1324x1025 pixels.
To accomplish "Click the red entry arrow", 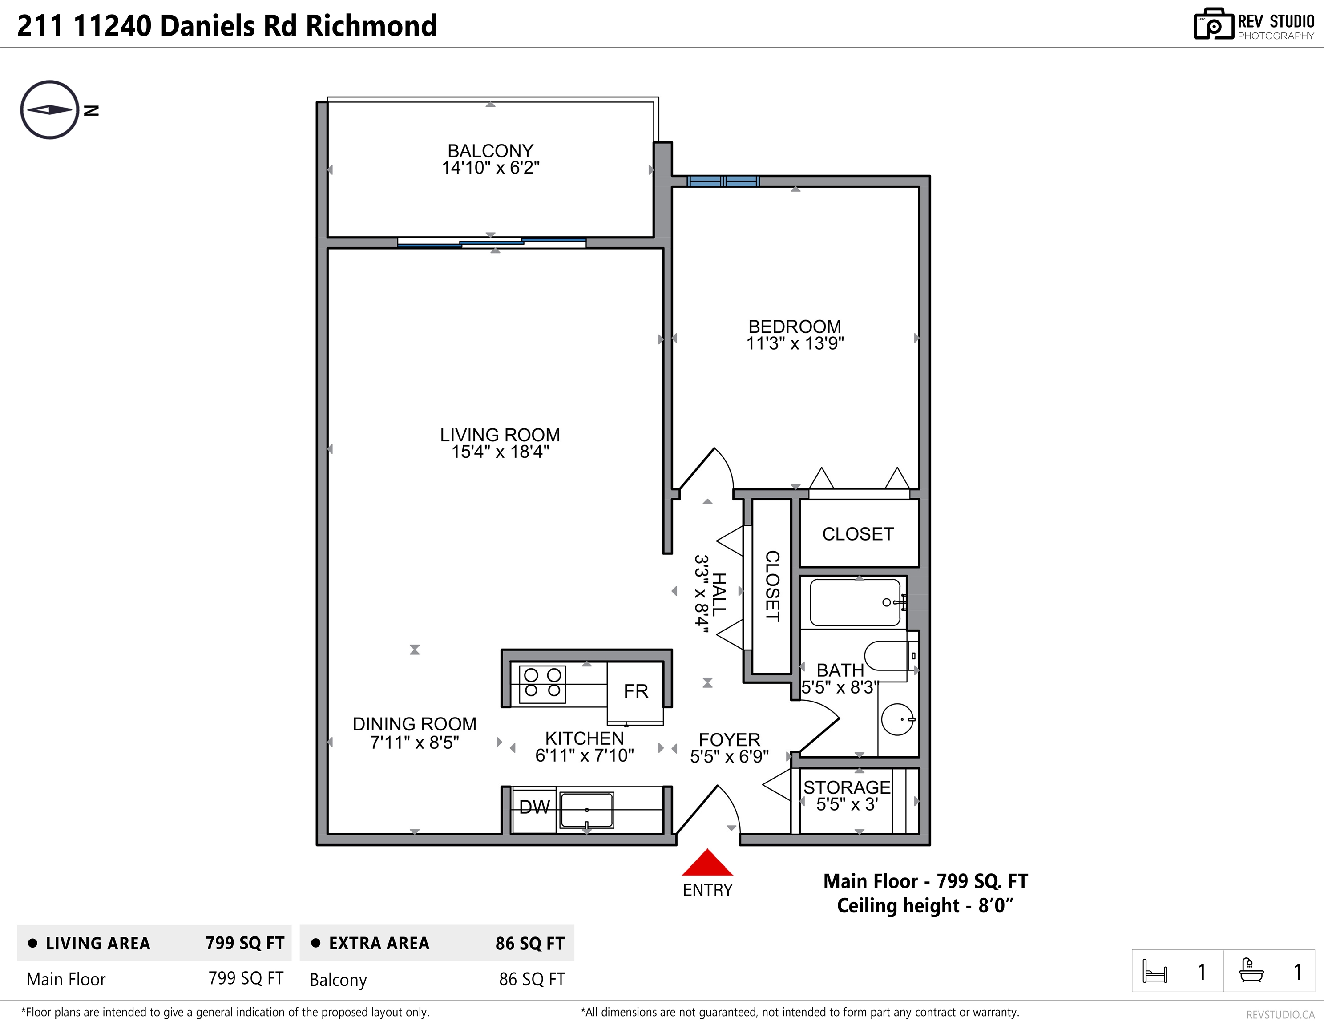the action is (707, 863).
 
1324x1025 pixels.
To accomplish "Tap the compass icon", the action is (50, 110).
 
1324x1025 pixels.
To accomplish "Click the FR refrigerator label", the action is (636, 691).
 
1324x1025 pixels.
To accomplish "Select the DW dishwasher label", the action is (535, 807).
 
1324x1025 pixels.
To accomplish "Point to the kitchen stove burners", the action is (542, 683).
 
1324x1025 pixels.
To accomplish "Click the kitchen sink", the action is (587, 810).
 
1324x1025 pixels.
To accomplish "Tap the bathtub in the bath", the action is (856, 602).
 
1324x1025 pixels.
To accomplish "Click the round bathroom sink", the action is (898, 719).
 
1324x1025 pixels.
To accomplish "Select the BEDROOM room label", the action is (795, 327).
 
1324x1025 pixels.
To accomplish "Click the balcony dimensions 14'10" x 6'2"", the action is (490, 168).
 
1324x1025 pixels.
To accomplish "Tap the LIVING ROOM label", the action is (500, 435).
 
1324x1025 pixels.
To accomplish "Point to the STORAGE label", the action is (847, 787).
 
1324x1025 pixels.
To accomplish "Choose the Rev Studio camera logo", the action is (1214, 24).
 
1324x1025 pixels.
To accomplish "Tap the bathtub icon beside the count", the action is (1251, 970).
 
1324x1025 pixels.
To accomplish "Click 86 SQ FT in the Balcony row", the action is (532, 979).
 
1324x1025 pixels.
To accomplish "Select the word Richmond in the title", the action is (371, 25).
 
